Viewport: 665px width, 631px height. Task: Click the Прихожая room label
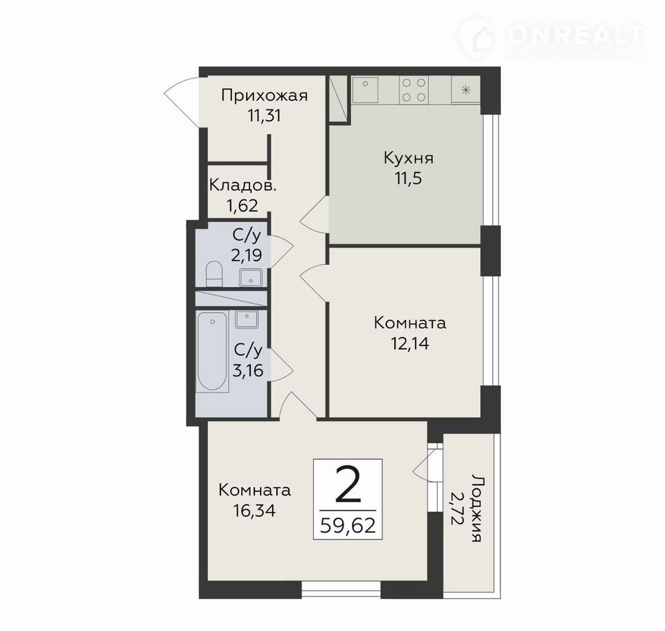264,96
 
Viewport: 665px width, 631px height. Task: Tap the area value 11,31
264,116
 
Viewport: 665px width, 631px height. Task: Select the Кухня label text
409,158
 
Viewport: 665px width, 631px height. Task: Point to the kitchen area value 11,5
409,178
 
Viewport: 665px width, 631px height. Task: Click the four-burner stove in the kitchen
414,89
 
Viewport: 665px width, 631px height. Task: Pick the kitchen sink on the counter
365,89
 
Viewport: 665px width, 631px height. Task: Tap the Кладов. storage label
243,186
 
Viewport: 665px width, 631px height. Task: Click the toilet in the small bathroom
214,274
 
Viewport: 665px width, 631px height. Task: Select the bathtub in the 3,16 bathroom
213,352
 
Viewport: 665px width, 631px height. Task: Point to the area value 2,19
247,255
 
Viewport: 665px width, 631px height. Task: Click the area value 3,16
248,370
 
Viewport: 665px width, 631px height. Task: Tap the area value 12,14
409,343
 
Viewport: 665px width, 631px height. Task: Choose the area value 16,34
254,510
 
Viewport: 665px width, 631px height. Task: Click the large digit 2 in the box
348,484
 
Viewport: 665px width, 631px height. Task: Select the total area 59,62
348,526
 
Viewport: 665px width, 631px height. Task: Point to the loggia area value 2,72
457,508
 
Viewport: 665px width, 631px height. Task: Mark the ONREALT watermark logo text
576,35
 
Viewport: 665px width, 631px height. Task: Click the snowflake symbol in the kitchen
465,89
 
